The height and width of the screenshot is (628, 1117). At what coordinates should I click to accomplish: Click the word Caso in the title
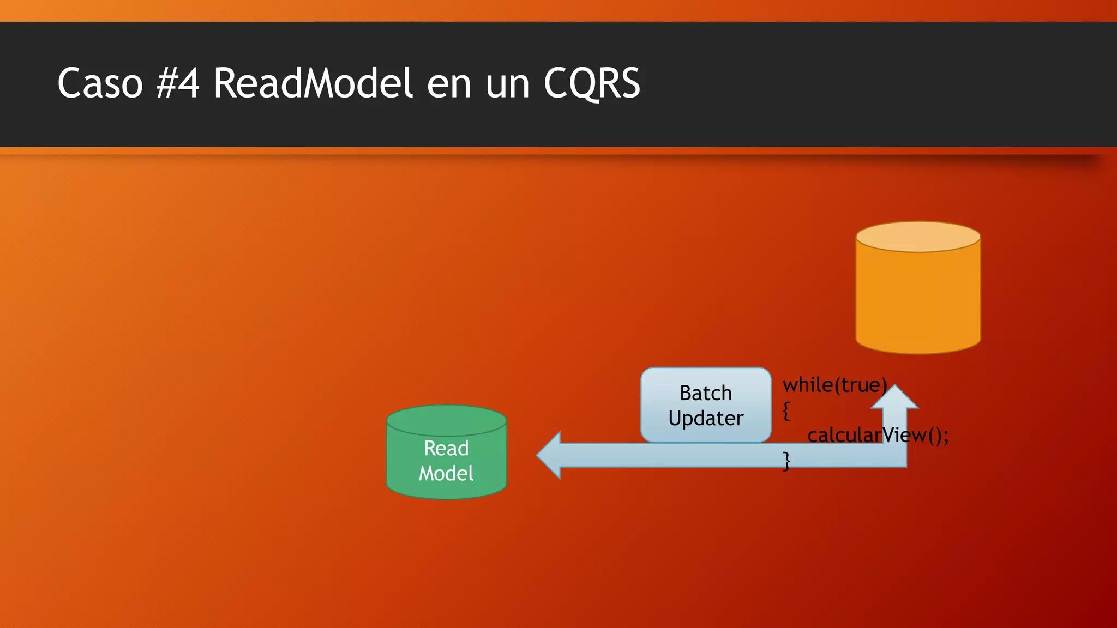point(100,83)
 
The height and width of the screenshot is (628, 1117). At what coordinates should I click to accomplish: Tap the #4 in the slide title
point(178,83)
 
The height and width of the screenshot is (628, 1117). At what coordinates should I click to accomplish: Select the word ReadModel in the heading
point(313,83)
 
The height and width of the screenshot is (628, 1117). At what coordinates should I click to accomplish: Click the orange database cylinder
point(918,300)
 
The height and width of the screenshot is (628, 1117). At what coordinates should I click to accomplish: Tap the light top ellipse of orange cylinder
point(918,237)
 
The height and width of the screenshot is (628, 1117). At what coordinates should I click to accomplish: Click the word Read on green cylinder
point(446,448)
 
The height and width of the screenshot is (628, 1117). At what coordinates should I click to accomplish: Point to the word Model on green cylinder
point(446,473)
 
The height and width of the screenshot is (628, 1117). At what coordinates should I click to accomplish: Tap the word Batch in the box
point(705,393)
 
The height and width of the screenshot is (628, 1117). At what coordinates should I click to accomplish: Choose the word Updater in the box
point(705,418)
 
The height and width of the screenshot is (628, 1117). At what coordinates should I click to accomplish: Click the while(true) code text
point(834,385)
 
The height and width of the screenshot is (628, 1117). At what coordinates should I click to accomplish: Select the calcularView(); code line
point(878,435)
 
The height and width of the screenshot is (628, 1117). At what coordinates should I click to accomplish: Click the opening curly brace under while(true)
point(786,410)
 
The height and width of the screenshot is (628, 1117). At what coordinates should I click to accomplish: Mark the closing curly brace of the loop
point(786,461)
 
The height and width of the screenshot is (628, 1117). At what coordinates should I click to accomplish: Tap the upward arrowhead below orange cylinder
point(894,397)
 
